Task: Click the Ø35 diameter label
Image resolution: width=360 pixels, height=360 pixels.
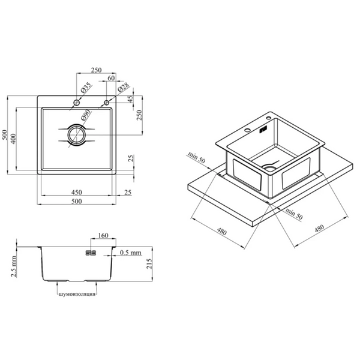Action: click(86, 88)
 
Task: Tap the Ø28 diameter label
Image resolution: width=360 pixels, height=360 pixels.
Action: click(123, 87)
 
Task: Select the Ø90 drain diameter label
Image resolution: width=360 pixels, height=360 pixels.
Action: click(86, 115)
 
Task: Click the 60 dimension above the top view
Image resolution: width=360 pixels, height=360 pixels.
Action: click(111, 78)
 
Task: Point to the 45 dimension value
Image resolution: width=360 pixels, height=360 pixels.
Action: click(130, 99)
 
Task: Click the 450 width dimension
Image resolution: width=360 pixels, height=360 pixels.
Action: click(76, 192)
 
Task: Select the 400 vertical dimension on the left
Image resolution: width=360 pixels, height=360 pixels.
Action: click(13, 139)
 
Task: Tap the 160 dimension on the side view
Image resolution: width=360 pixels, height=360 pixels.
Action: click(103, 236)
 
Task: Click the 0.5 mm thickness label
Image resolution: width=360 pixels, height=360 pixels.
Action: click(131, 253)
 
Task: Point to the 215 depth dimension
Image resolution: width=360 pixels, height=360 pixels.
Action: click(149, 264)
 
